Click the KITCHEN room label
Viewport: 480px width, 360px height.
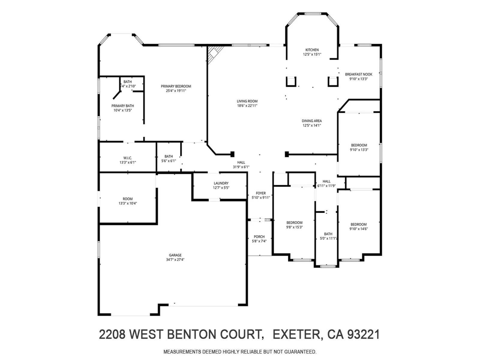tap(312, 50)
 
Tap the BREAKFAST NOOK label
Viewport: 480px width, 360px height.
tap(358, 74)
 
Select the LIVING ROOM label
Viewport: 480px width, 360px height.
tap(247, 101)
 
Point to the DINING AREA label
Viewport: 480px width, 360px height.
tap(312, 121)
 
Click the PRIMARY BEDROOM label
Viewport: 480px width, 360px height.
tap(176, 86)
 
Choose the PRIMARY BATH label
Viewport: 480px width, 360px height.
tap(122, 106)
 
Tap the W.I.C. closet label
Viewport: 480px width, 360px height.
tap(127, 158)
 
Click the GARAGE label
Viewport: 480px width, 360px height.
tap(175, 255)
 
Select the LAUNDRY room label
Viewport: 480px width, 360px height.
tap(221, 183)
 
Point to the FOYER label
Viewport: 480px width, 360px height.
tap(261, 193)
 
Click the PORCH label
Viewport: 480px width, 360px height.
tap(259, 237)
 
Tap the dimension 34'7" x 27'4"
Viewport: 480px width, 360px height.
tap(175, 260)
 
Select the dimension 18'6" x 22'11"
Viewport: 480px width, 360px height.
tap(247, 106)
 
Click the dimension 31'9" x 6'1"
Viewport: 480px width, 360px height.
tap(241, 167)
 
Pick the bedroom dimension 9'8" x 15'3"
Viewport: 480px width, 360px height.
tap(294, 227)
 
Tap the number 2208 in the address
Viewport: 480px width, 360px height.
tap(112, 334)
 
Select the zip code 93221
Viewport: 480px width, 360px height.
tap(363, 334)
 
